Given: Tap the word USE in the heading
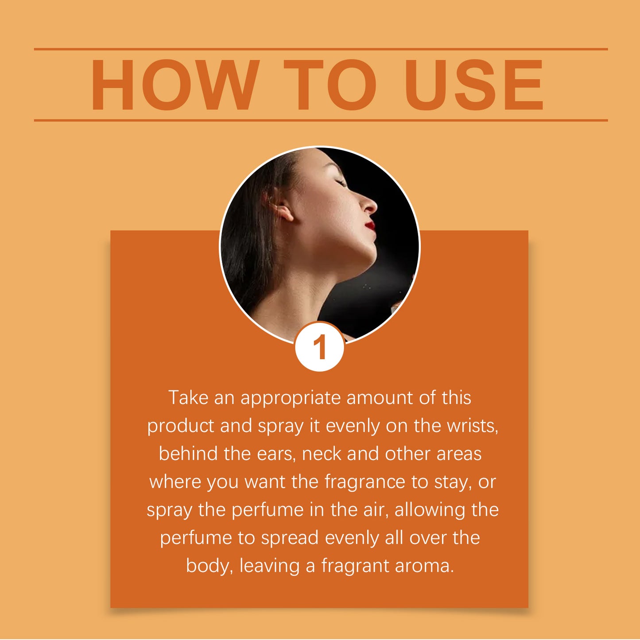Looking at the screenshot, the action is click(473, 85).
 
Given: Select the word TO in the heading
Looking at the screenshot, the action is click(330, 85).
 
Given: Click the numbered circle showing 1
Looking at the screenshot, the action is click(319, 346).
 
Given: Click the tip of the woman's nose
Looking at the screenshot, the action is click(376, 206).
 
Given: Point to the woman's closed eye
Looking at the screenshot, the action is click(341, 182).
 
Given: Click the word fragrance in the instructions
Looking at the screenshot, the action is click(365, 483).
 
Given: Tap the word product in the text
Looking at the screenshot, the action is click(181, 427).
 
